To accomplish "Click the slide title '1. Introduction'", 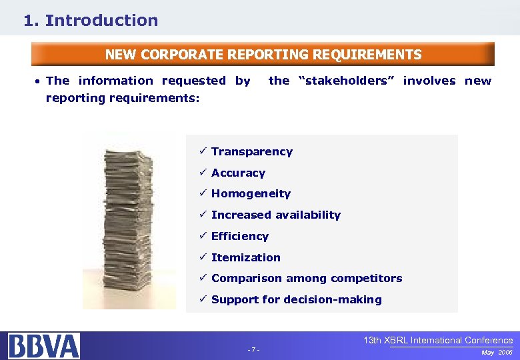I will pyautogui.click(x=91, y=21).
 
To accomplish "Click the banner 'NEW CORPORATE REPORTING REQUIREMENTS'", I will pyautogui.click(x=263, y=55).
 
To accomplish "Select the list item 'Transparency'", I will pyautogui.click(x=251, y=151).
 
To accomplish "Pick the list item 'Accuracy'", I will pyautogui.click(x=238, y=173).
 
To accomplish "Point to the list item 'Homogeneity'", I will pyautogui.click(x=251, y=193).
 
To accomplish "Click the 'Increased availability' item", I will pyautogui.click(x=275, y=215).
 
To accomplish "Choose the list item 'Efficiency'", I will pyautogui.click(x=239, y=236).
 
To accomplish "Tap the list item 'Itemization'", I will pyautogui.click(x=245, y=257).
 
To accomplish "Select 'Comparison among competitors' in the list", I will pyautogui.click(x=307, y=278).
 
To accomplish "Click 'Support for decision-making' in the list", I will pyautogui.click(x=296, y=299).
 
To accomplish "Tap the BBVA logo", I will pyautogui.click(x=44, y=345).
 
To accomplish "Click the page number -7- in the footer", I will pyautogui.click(x=253, y=350).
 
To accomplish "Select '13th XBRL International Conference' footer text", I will pyautogui.click(x=438, y=340).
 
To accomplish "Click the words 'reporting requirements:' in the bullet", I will pyautogui.click(x=123, y=98).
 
